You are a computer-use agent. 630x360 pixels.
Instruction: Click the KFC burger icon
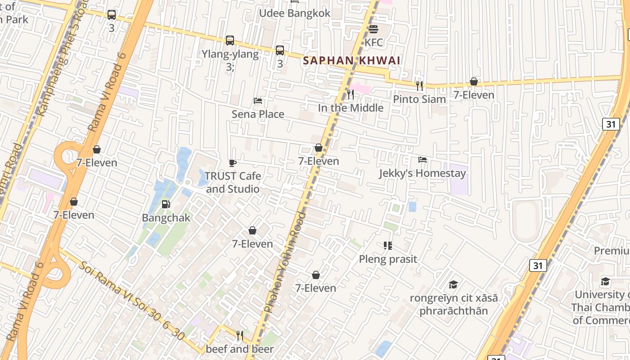[373, 29]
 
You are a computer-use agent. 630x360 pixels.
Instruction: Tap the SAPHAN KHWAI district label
[351, 60]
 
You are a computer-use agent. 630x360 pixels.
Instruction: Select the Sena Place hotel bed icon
[258, 100]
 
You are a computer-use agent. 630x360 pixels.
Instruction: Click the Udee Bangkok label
[294, 13]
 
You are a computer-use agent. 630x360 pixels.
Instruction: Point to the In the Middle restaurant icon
[351, 94]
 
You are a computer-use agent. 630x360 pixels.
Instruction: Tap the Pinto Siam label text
[419, 99]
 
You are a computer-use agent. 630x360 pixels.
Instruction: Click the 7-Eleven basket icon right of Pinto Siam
[473, 81]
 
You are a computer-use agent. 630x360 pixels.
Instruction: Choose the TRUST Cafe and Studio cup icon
[232, 162]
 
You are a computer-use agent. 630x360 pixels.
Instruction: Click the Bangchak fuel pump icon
[166, 204]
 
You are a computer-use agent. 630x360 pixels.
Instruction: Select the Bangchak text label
[166, 218]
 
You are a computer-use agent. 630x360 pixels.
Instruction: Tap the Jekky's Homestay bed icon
[422, 160]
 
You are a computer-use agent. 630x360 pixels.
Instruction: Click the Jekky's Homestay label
[422, 173]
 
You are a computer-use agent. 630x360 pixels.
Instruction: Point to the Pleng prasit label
[387, 259]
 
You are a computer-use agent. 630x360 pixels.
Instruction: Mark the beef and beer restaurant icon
[239, 335]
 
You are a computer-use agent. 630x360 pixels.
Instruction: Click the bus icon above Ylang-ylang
[230, 40]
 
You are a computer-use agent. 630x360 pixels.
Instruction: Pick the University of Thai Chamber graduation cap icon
[605, 281]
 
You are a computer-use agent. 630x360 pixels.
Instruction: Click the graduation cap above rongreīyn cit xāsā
[453, 284]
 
